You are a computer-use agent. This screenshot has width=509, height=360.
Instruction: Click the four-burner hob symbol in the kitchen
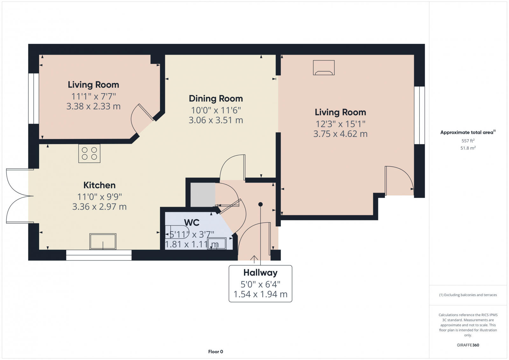[x=89, y=154]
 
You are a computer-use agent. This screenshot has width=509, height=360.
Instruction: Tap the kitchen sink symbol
[x=103, y=242]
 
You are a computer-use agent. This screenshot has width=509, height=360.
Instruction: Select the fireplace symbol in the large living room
[x=324, y=68]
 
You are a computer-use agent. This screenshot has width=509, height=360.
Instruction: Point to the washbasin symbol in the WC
[x=217, y=244]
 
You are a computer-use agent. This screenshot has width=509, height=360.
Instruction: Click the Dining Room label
[x=216, y=99]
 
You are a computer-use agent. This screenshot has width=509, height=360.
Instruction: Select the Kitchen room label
[x=99, y=185]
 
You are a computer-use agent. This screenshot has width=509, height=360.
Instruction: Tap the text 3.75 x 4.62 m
[x=340, y=134]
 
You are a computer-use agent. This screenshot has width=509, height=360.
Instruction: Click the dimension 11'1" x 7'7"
[x=93, y=96]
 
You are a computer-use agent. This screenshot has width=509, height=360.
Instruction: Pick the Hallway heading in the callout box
[x=260, y=273]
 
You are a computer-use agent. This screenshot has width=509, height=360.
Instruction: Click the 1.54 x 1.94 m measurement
[x=260, y=294]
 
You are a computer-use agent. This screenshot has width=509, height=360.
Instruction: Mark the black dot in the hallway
[x=261, y=204]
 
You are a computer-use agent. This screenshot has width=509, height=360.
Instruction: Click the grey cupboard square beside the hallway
[x=203, y=195]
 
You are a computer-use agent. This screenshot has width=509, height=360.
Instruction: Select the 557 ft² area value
[x=468, y=141]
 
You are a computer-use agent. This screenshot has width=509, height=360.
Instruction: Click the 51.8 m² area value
[x=468, y=148]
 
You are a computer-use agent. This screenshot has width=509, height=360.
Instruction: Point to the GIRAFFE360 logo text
[x=468, y=345]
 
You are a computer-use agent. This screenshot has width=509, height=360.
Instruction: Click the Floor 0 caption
[x=216, y=352]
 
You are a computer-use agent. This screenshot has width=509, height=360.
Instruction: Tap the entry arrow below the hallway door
[x=254, y=259]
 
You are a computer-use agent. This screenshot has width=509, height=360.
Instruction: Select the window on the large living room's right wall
[x=419, y=115]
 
